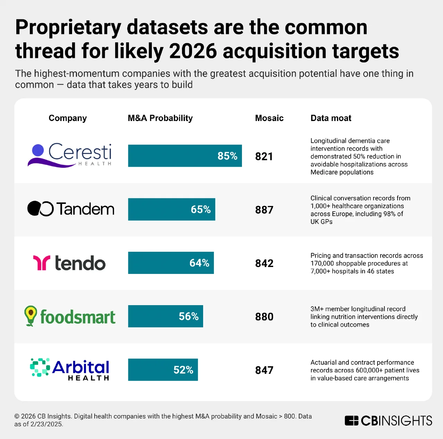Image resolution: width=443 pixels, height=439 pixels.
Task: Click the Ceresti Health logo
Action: [70, 155]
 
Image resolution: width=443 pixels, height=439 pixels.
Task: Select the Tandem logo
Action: [71, 209]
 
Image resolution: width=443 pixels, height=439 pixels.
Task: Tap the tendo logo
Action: [69, 263]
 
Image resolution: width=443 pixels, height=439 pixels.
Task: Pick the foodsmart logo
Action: [70, 316]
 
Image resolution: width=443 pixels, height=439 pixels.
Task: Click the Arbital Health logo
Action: [70, 370]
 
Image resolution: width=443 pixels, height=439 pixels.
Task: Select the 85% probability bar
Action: [185, 156]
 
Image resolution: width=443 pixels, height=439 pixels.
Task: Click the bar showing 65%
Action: [172, 209]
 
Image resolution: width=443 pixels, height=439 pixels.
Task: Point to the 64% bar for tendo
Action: [171, 263]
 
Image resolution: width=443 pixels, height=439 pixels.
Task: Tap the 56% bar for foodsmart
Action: [165, 316]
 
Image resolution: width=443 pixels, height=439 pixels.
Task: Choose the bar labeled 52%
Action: [163, 370]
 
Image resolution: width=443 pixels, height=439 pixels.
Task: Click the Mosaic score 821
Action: [264, 156]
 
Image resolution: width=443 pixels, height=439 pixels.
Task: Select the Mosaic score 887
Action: [264, 210]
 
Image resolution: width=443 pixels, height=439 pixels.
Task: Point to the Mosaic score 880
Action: [264, 317]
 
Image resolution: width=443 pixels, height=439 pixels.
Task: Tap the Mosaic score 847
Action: [264, 370]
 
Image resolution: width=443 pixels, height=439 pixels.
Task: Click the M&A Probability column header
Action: [160, 118]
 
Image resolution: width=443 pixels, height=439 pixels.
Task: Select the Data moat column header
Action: [331, 118]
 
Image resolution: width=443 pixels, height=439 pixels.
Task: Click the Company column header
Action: [68, 118]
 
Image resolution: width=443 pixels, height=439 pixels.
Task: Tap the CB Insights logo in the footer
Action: [388, 421]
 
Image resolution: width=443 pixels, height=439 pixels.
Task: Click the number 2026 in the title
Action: [193, 51]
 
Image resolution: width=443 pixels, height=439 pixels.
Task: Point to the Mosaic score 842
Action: [264, 263]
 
